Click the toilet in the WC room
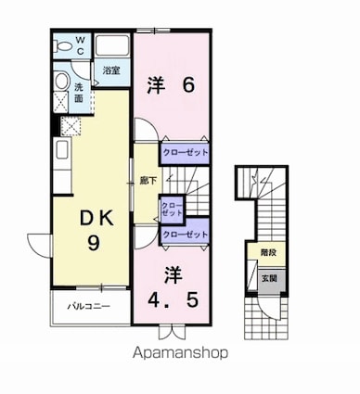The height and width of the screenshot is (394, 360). pyautogui.click(x=63, y=46)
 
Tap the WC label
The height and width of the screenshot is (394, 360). pyautogui.click(x=80, y=45)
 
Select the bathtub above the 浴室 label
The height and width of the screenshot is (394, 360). pyautogui.click(x=112, y=45)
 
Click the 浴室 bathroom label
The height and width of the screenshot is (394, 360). pyautogui.click(x=111, y=70)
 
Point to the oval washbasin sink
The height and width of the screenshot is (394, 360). pyautogui.click(x=61, y=82)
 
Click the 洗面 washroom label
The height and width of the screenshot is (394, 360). pyautogui.click(x=79, y=93)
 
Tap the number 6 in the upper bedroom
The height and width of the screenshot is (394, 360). pyautogui.click(x=188, y=85)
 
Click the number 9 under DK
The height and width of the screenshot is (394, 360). pyautogui.click(x=94, y=244)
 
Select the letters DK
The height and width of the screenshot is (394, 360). pyautogui.click(x=96, y=218)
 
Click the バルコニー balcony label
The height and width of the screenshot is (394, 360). pyautogui.click(x=89, y=306)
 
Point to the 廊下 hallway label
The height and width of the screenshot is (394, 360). pyautogui.click(x=148, y=181)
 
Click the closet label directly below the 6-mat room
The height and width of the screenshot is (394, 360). pyautogui.click(x=185, y=153)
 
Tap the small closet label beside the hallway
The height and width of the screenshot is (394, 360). pyautogui.click(x=173, y=210)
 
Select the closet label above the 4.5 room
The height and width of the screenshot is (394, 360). pyautogui.click(x=185, y=235)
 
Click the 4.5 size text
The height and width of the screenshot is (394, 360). pyautogui.click(x=174, y=299)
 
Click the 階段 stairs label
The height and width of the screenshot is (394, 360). pyautogui.click(x=268, y=252)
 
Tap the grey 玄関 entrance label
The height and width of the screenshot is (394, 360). pyautogui.click(x=269, y=278)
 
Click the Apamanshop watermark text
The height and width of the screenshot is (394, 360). pyautogui.click(x=180, y=353)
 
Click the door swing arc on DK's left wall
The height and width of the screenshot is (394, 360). pyautogui.click(x=38, y=246)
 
